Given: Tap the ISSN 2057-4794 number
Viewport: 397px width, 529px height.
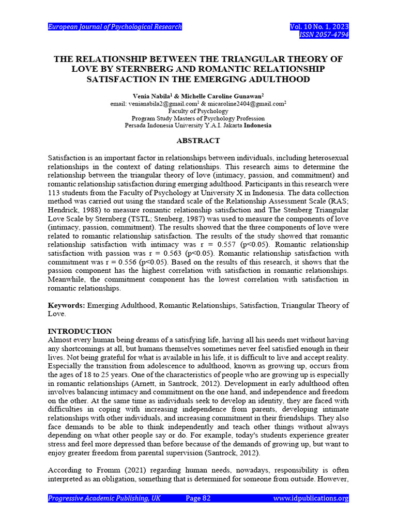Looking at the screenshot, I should [x=324, y=35].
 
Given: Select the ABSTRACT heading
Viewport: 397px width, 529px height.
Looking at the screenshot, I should [x=198, y=141].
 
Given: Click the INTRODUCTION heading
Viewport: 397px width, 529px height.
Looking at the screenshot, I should [x=80, y=331].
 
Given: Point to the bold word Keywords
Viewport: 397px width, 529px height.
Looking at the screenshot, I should [x=66, y=305].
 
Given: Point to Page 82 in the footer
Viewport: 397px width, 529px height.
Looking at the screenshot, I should [x=198, y=498].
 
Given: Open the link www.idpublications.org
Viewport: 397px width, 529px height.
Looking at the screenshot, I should [x=311, y=498].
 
